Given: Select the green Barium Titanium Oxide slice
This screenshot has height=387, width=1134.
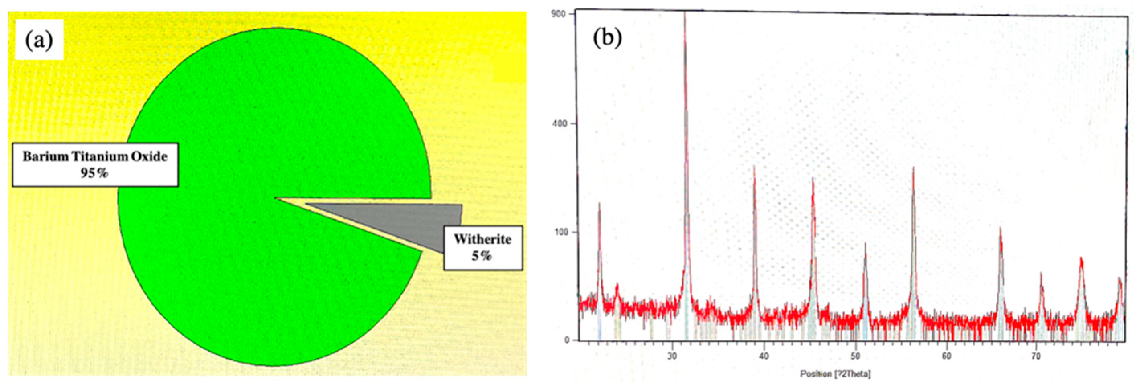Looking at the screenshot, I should click(x=264, y=132).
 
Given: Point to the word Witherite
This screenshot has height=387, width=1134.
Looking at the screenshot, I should click(x=482, y=240).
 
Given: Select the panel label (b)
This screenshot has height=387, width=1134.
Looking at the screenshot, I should click(x=607, y=39).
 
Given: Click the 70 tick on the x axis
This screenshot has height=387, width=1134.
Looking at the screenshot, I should click(x=1036, y=356).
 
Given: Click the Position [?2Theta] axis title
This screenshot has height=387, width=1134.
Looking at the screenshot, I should click(x=835, y=374).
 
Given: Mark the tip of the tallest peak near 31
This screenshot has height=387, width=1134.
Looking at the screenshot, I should click(x=684, y=13).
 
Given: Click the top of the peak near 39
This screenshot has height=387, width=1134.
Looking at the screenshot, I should click(x=754, y=166).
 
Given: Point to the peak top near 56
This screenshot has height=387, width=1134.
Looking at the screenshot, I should click(x=913, y=168).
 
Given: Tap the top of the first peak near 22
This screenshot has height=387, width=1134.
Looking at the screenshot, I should click(x=599, y=203).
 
